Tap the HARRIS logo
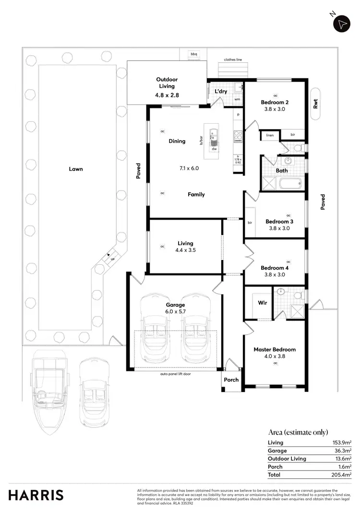click(36, 495)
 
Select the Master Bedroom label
click(275, 349)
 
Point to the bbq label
click(194, 55)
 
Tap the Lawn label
click(75, 169)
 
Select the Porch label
click(231, 379)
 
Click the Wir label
click(263, 303)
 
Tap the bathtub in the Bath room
click(290, 183)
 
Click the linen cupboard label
click(270, 135)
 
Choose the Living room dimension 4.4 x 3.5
click(185, 250)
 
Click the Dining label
click(177, 141)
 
